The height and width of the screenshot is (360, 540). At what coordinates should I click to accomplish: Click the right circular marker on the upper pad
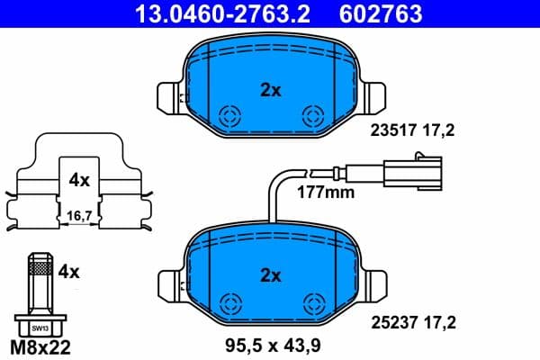(x=312, y=115)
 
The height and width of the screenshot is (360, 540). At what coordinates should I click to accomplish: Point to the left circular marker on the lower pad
(x=230, y=302)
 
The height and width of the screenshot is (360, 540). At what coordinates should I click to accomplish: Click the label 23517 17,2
(x=412, y=130)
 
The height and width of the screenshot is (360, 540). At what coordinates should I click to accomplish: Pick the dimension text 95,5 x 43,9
(x=272, y=343)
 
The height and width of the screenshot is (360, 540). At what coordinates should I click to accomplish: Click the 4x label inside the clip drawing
(x=79, y=180)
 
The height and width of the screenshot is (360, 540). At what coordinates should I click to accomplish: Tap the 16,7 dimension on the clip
(x=79, y=217)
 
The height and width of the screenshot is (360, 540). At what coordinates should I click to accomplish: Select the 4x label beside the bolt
(x=70, y=270)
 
